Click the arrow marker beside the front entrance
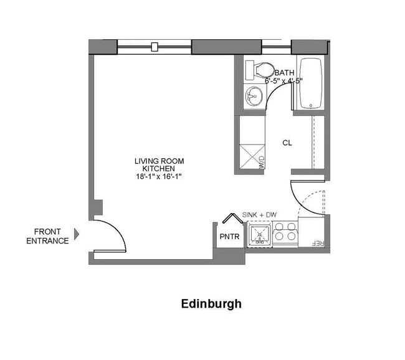pos(77,234)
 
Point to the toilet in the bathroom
pos(258,69)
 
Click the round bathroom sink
pos(253,97)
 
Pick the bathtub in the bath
pos(308,83)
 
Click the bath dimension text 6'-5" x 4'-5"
pos(283,81)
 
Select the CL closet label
pos(287,143)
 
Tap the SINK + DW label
pos(259,215)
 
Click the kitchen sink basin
pos(259,235)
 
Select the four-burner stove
pos(285,232)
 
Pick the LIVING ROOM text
pos(159,161)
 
